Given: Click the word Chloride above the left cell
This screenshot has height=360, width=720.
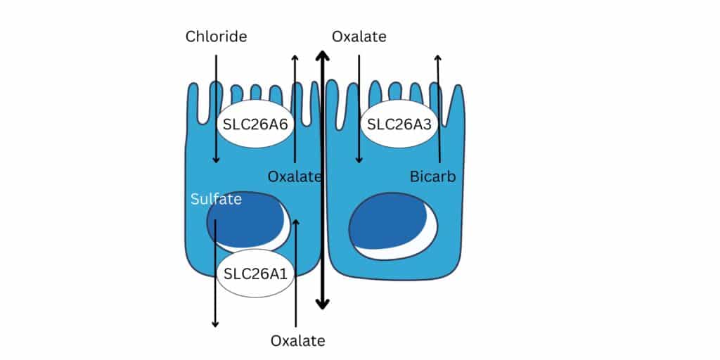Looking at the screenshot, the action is [217, 37].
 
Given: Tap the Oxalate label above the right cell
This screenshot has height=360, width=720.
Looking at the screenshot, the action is [359, 37].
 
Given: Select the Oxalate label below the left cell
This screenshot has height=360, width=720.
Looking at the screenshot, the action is [297, 341].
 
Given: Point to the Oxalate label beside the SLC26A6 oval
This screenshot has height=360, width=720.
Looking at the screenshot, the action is [295, 176].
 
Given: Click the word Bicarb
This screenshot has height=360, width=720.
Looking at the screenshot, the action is [432, 176].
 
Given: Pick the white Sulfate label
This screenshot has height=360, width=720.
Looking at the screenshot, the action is [217, 199].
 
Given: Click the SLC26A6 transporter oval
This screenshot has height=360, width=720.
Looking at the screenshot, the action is [255, 124].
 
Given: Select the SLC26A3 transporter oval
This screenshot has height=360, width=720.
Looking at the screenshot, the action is [399, 124].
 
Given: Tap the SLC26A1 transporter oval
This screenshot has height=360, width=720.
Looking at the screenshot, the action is [255, 274].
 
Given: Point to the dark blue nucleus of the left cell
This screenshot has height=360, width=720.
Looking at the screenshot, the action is [245, 219].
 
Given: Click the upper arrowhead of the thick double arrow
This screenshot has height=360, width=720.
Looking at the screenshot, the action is [322, 56].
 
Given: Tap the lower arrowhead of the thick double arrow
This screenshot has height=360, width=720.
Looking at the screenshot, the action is [322, 304].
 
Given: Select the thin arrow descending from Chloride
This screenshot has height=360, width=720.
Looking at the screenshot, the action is [216, 109].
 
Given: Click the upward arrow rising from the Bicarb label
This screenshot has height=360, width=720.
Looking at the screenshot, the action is [439, 109].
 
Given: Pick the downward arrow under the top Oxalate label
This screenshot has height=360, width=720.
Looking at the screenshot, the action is [359, 109].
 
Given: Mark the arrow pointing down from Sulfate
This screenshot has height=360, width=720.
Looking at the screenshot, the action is [215, 274].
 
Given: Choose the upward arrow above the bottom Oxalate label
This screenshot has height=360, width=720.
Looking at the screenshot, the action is [296, 274].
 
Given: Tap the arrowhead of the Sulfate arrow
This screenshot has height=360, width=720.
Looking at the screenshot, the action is [215, 325].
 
